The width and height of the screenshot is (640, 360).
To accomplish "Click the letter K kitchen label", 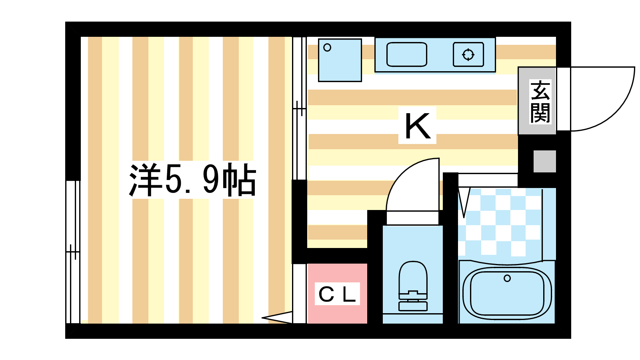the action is click(x=418, y=126).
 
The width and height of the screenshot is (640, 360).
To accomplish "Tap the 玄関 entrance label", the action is click(x=540, y=102).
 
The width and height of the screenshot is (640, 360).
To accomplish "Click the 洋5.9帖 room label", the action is click(x=192, y=180).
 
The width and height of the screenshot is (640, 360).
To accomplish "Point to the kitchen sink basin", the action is click(x=406, y=54).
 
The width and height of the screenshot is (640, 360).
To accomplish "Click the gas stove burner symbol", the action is click(x=468, y=54).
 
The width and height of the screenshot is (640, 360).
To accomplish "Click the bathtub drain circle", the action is click(x=507, y=278).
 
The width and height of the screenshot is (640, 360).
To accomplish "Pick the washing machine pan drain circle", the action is click(x=327, y=48).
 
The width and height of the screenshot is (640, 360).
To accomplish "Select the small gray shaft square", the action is click(x=544, y=162).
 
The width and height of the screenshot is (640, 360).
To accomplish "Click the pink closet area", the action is click(x=337, y=294).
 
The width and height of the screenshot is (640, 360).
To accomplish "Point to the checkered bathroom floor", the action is click(x=500, y=222).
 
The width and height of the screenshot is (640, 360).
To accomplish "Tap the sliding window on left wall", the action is click(x=73, y=252).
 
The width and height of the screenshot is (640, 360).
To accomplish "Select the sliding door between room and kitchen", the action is click(x=299, y=108).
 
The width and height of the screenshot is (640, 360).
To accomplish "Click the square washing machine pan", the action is click(x=340, y=60).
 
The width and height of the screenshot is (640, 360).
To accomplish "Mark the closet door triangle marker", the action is click(x=277, y=318).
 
